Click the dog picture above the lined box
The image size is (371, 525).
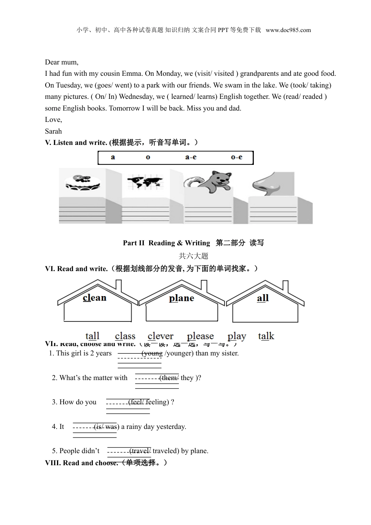click(217, 182)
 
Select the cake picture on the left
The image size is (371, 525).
click(82, 182)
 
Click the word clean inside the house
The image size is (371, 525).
click(95, 298)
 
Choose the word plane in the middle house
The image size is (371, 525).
click(182, 298)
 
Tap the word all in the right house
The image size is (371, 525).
click(263, 298)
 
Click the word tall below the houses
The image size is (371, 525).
click(93, 336)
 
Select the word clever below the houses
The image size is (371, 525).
click(161, 336)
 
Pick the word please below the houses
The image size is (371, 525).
click(200, 336)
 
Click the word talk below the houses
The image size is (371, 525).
click(266, 336)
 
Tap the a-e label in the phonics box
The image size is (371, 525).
click(191, 157)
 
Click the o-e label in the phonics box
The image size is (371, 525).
click(236, 157)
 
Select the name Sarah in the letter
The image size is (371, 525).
click(54, 131)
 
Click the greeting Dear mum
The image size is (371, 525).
click(62, 62)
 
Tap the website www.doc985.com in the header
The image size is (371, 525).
click(288, 30)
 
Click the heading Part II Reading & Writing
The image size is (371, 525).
click(166, 243)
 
